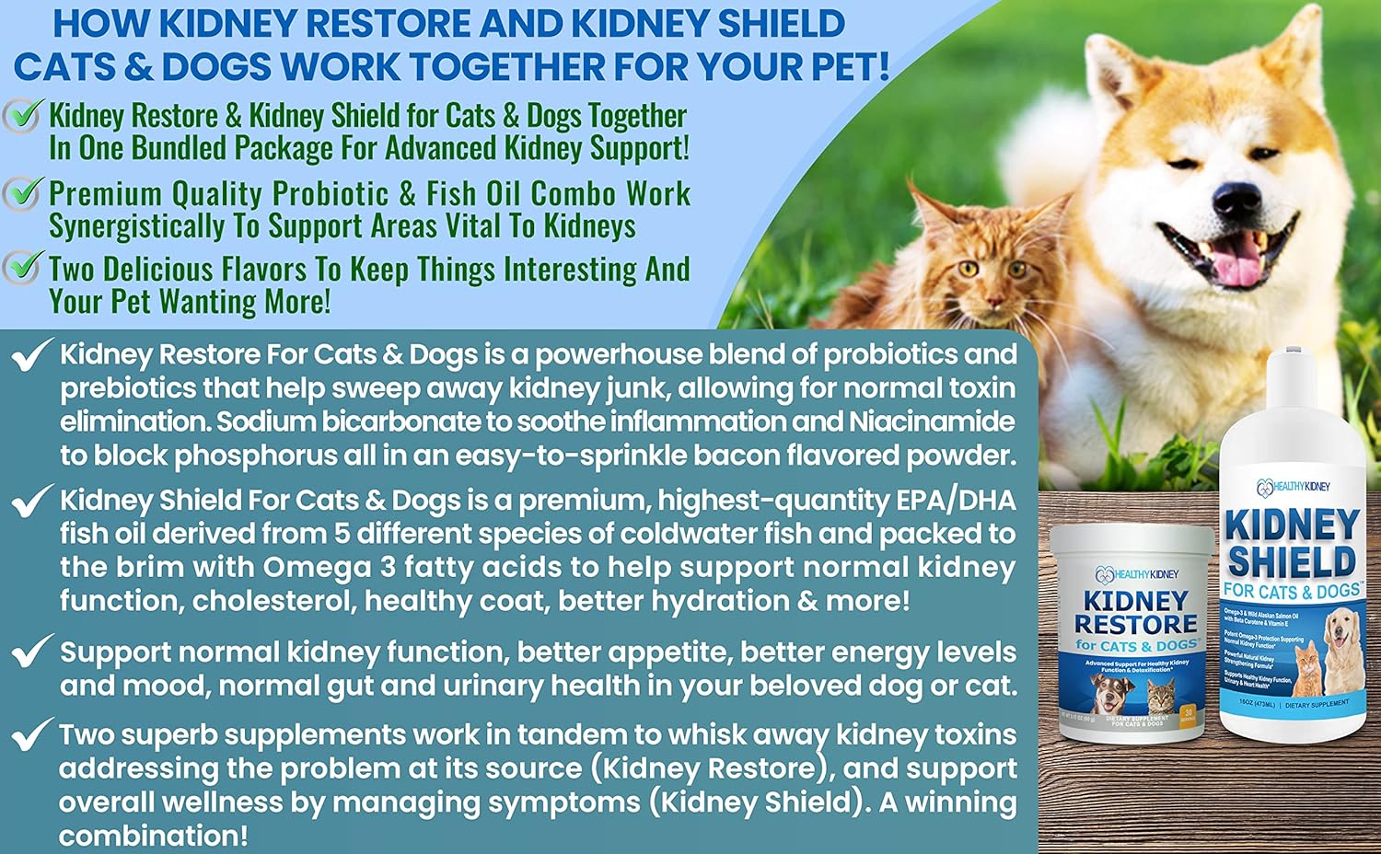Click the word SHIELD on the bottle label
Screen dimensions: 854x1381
coord(1292,562)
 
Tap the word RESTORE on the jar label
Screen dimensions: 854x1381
coord(1136,624)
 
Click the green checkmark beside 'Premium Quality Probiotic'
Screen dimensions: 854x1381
coord(21,193)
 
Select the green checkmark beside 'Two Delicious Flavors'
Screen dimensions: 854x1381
coord(21,268)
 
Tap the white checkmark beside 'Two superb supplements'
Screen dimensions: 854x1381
coord(30,734)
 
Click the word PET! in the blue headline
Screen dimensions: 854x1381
coord(839,66)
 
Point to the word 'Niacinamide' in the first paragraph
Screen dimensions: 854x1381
coord(932,421)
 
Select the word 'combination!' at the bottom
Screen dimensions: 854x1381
coord(153,836)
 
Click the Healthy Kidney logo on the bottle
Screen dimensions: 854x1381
coord(1293,486)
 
